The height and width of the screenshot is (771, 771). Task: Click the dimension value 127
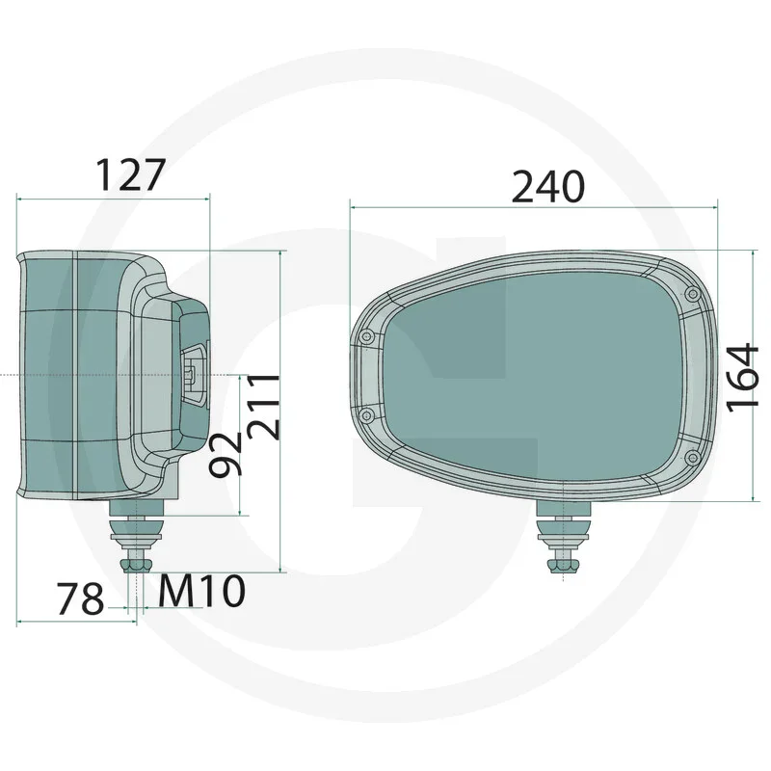131,174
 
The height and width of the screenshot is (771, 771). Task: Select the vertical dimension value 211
263,406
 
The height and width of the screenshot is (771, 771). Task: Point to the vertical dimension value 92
226,453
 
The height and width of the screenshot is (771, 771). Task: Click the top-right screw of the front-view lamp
689,293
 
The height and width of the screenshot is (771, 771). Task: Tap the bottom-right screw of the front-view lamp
690,459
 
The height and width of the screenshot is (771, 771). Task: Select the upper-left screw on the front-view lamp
365,336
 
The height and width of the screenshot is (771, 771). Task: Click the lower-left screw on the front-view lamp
367,412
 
